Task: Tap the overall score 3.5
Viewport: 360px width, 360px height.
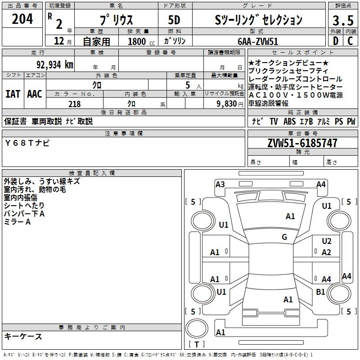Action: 342,20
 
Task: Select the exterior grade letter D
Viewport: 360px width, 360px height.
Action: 335,41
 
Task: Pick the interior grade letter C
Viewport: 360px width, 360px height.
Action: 350,41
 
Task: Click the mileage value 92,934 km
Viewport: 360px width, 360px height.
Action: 54,64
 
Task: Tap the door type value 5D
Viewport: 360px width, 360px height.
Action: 174,20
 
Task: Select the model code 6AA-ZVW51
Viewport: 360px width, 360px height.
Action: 258,41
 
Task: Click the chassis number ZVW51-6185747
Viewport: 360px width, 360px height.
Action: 302,144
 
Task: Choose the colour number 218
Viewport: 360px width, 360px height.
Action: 75,104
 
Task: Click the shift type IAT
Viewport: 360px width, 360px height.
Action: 13,94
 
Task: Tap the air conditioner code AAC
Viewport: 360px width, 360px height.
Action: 34,94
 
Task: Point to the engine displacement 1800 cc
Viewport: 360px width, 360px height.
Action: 140,41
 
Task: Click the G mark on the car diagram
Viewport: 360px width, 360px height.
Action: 284,237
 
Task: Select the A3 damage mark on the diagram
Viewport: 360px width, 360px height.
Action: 220,184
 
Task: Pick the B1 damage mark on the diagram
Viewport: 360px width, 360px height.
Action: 320,292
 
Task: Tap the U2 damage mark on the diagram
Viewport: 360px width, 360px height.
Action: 327,241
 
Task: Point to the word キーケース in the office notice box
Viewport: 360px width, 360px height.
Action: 23,336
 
